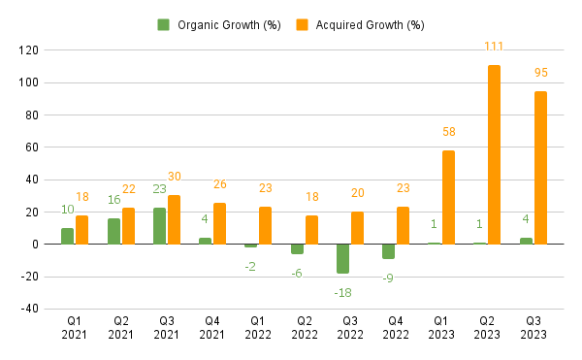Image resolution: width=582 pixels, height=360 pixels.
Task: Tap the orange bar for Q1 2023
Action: pyautogui.click(x=448, y=197)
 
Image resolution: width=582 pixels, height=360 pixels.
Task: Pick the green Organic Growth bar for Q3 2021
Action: pyautogui.click(x=159, y=225)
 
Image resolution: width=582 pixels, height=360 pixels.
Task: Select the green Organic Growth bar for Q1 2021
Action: pyautogui.click(x=67, y=236)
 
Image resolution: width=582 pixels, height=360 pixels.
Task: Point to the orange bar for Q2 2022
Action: pyautogui.click(x=311, y=229)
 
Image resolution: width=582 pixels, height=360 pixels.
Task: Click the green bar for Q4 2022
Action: pyautogui.click(x=388, y=251)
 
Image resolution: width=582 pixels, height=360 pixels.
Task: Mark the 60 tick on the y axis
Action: pyautogui.click(x=31, y=147)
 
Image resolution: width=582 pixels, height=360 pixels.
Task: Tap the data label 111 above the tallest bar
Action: pyautogui.click(x=495, y=47)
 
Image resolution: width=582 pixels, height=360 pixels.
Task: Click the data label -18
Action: pyautogui.click(x=341, y=292)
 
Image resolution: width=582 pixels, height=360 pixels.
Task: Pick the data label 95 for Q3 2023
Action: pyautogui.click(x=540, y=73)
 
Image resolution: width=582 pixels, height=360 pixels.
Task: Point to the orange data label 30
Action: pyautogui.click(x=175, y=177)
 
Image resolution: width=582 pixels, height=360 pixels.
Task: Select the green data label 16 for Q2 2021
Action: pyautogui.click(x=113, y=200)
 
